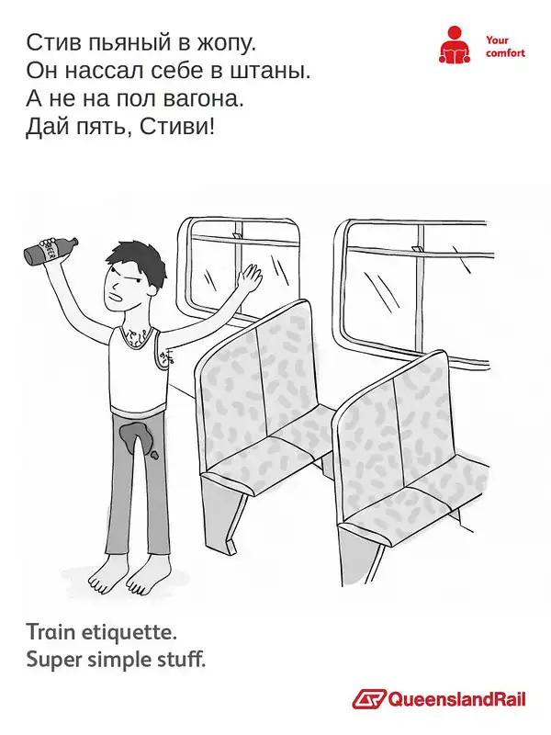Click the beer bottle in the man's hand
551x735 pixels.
[x=51, y=249]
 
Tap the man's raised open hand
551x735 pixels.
[x=249, y=277]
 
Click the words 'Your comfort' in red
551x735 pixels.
[x=505, y=47]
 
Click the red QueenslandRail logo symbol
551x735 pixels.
[x=369, y=699]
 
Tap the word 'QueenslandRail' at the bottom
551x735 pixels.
[x=456, y=699]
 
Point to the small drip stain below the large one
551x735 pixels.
[x=153, y=453]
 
